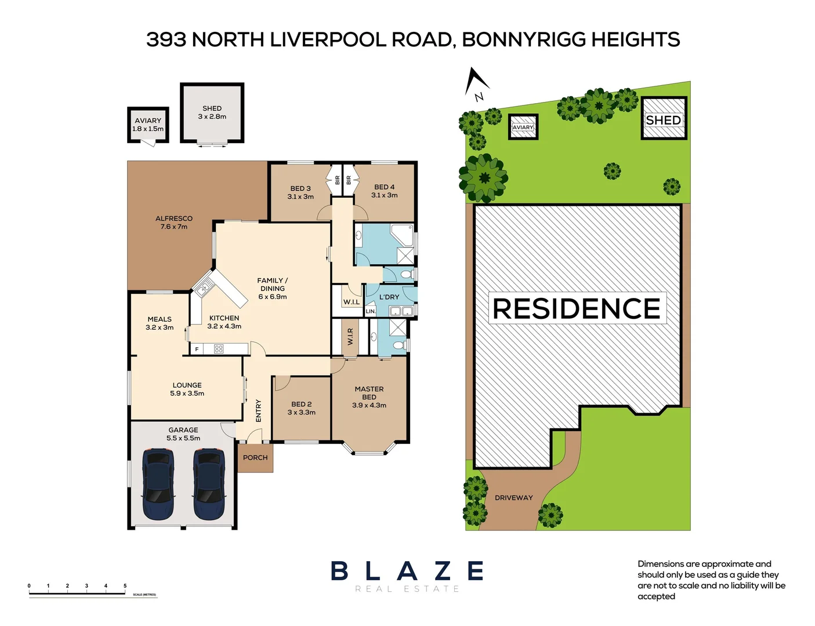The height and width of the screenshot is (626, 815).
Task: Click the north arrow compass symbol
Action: click(x=477, y=82)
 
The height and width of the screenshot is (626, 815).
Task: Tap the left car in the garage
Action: click(x=158, y=484)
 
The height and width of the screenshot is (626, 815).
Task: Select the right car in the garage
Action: click(x=208, y=484)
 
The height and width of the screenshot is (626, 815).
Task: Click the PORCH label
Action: click(x=255, y=457)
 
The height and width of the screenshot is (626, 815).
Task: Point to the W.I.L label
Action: click(x=351, y=302)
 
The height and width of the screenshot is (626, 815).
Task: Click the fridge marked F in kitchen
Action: click(x=197, y=349)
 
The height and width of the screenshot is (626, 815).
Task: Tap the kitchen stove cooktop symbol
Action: click(x=218, y=349)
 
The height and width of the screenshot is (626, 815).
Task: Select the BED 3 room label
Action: click(x=300, y=188)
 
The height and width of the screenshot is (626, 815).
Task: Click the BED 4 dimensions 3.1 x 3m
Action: click(x=384, y=195)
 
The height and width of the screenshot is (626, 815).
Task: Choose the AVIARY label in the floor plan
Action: click(x=148, y=121)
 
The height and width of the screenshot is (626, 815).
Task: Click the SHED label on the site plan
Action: click(x=663, y=120)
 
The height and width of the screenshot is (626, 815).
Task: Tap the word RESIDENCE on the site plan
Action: click(x=577, y=308)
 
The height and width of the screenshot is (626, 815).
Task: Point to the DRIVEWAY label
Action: click(x=513, y=497)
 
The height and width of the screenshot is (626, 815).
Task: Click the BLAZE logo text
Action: click(x=407, y=571)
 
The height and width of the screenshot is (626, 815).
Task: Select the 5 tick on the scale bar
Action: click(x=125, y=586)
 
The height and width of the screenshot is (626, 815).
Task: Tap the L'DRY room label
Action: click(x=389, y=297)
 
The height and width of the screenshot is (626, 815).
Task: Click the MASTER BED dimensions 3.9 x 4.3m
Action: click(x=369, y=405)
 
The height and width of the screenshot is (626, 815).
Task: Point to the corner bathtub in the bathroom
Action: click(x=403, y=235)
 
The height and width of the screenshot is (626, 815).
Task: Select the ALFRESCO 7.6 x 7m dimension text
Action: click(x=174, y=227)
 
